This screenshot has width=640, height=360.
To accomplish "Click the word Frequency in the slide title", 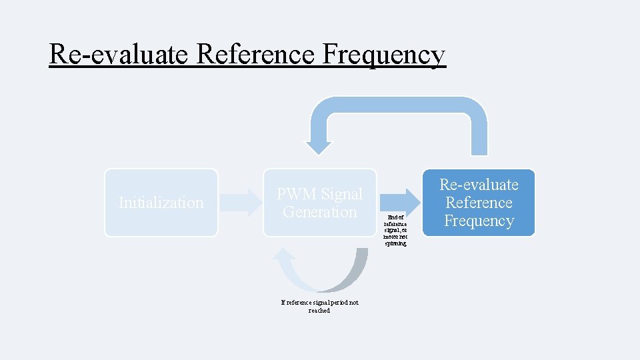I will coord(383,55).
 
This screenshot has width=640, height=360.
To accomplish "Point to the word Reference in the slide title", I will coord(256,55).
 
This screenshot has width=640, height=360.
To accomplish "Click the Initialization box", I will coord(161,203).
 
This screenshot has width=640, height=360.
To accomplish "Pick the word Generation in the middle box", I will coord(319,212).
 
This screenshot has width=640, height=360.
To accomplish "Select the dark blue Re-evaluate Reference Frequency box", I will coord(479,203).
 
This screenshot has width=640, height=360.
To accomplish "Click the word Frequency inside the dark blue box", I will coord(479,221).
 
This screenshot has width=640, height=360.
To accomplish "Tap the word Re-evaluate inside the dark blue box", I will coord(479,185).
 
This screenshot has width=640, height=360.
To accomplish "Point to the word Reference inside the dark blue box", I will coord(479,203).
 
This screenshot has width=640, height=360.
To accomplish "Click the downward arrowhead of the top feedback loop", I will coord(318,147).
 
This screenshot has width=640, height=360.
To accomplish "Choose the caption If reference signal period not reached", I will coord(319,306).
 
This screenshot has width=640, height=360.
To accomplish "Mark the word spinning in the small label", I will coord(395,243).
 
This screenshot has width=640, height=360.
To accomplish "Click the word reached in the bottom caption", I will coord(319,311).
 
